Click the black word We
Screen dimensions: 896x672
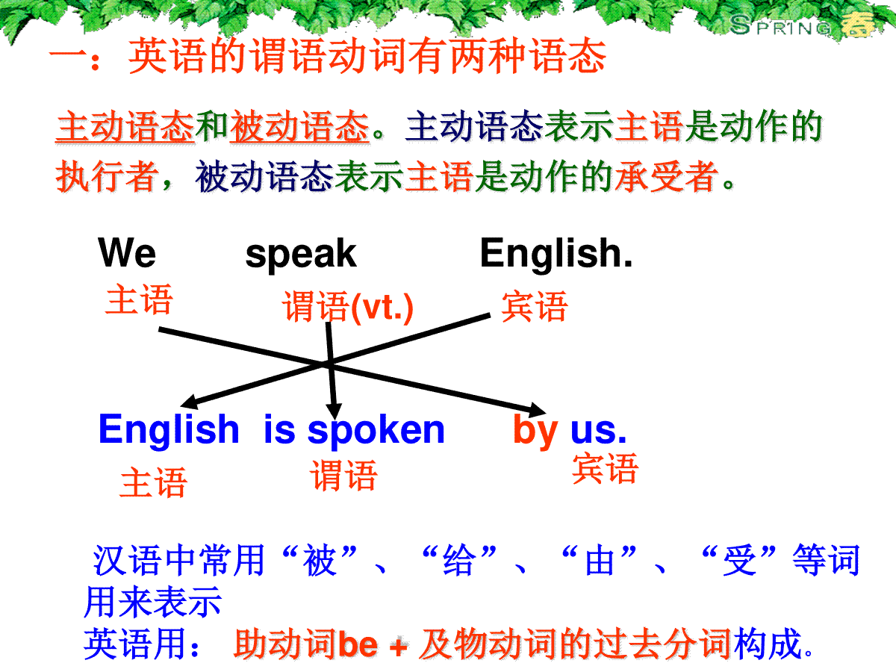(x=127, y=252)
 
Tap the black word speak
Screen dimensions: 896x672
(x=301, y=255)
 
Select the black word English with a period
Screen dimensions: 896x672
(x=556, y=253)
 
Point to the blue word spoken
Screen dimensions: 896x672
(x=376, y=432)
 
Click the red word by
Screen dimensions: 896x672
(x=535, y=431)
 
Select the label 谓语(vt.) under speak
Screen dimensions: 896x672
(x=348, y=307)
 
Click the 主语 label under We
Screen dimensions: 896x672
(x=139, y=299)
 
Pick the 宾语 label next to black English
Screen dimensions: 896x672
(x=535, y=306)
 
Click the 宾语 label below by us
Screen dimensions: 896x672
(x=605, y=469)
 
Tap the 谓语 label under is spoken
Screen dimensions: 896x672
(x=343, y=476)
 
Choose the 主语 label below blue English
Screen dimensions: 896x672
(x=154, y=482)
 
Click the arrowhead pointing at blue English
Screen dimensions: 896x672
(x=189, y=402)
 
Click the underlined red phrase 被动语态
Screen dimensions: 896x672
(x=299, y=127)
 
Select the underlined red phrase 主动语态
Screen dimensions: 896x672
(x=125, y=127)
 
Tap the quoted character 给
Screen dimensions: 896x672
(x=459, y=561)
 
